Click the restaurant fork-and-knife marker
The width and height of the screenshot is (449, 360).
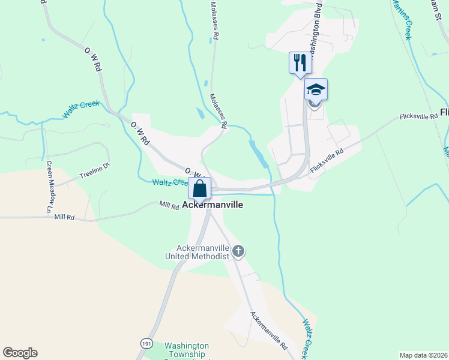click(300, 62)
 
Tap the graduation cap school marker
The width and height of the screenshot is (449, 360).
click(316, 90)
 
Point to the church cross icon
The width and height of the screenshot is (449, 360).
click(238, 251)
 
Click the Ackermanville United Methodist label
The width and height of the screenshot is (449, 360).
click(198, 252)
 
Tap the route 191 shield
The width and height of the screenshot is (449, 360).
click(147, 343)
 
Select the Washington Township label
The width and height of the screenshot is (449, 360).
click(187, 350)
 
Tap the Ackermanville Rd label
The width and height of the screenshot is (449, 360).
click(269, 331)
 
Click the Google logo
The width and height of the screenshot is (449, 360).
click(20, 353)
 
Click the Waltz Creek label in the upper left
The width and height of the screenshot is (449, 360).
click(81, 108)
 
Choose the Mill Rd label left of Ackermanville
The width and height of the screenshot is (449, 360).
click(169, 206)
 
